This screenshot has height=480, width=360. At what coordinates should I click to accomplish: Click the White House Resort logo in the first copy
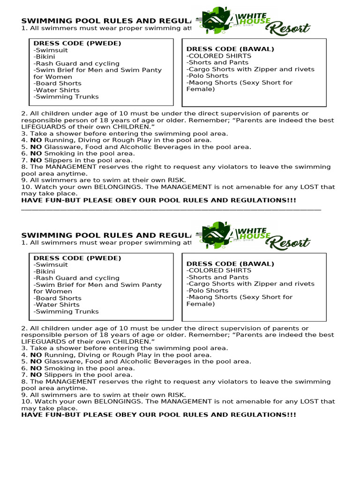click(x=253, y=21)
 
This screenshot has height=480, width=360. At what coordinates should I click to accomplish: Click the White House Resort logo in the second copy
click(x=253, y=235)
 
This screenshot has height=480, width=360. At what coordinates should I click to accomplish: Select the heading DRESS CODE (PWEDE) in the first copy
click(x=77, y=43)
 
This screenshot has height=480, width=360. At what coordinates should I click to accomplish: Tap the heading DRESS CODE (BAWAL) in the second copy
click(x=230, y=263)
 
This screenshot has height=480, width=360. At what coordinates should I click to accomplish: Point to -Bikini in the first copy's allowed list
click(x=45, y=57)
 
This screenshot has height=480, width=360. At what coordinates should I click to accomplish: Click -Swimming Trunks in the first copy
click(x=66, y=97)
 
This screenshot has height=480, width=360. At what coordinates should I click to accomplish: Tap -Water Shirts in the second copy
click(x=57, y=305)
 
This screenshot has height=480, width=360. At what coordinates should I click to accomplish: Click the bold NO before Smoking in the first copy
click(x=36, y=153)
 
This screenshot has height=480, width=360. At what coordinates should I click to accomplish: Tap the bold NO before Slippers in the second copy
click(x=36, y=375)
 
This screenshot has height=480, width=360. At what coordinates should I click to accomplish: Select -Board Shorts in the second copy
click(x=58, y=298)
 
